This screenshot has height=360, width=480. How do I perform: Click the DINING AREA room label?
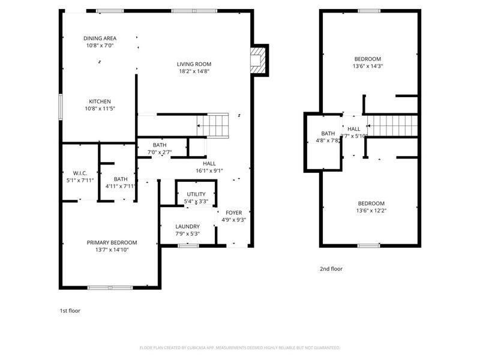click(100, 38)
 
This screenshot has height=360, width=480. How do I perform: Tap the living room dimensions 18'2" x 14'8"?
click(194, 71)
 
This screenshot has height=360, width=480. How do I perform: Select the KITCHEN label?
click(100, 101)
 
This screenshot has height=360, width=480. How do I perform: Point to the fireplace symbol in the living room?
click(259, 60)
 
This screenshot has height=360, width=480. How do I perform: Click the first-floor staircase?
click(213, 125)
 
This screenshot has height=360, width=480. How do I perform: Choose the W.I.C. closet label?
click(80, 173)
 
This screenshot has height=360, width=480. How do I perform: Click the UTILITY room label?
click(196, 194)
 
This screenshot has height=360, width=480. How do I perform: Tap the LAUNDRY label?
click(187, 226)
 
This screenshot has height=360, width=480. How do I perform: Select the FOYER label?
click(233, 212)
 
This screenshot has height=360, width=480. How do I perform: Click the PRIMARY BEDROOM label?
click(112, 242)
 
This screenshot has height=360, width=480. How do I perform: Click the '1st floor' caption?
click(70, 311)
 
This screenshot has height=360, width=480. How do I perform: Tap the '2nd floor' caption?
click(331, 269)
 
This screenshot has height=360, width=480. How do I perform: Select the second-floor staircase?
click(391, 126)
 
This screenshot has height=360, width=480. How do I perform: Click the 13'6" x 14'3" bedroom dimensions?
click(367, 66)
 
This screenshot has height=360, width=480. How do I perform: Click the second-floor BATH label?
click(328, 133)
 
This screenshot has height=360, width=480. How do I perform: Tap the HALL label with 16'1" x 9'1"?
click(209, 163)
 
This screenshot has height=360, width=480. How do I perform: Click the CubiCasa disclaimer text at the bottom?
click(240, 347)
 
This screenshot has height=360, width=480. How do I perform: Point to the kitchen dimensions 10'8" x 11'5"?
click(100, 109)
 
